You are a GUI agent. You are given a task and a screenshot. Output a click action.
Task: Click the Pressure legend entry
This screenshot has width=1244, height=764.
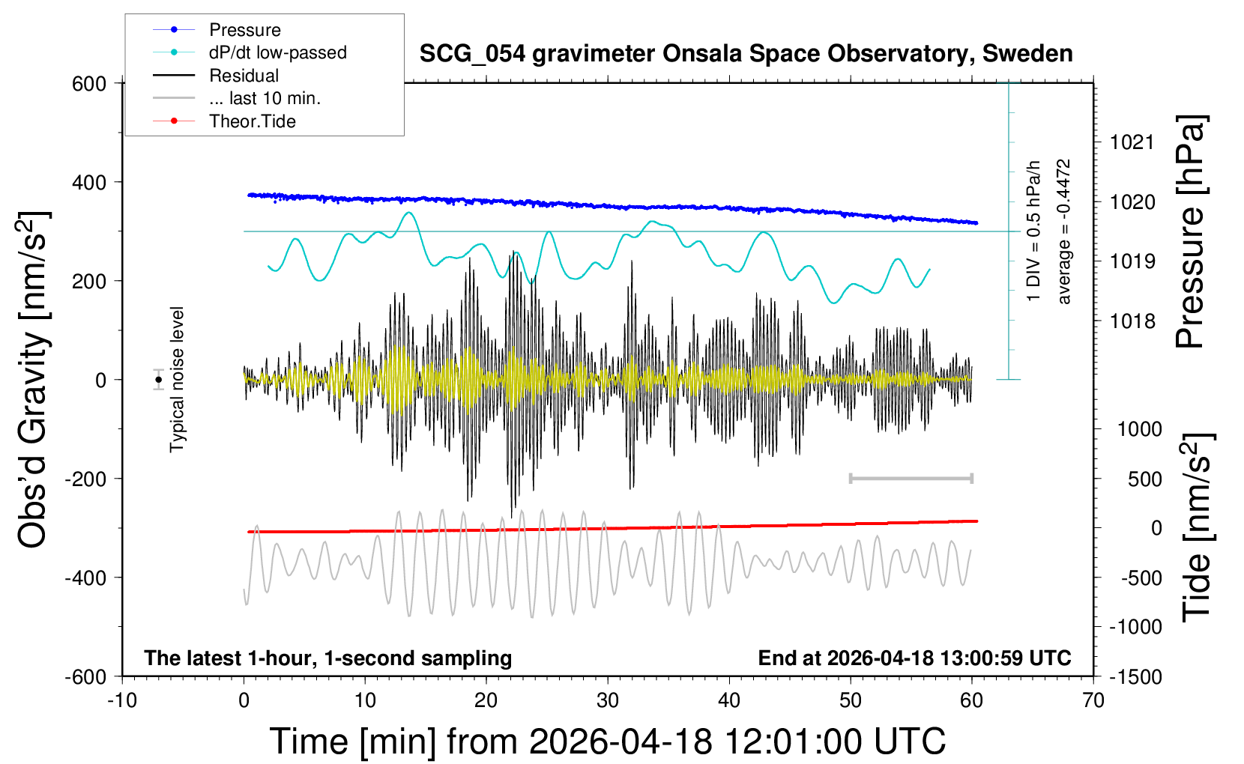tap(244, 30)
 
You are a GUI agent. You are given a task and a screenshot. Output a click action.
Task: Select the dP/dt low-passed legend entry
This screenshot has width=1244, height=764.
tap(277, 52)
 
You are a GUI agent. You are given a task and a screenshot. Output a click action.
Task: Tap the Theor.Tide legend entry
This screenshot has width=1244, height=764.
tap(252, 121)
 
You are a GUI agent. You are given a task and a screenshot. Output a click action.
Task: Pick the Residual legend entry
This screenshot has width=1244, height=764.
tap(244, 76)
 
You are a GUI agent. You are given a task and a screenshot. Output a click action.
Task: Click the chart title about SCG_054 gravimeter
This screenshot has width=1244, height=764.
tap(746, 54)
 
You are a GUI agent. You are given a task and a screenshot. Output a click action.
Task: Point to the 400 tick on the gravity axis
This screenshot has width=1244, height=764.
tap(89, 183)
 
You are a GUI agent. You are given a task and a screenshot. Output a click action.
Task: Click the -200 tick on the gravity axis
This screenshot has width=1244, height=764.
tap(85, 479)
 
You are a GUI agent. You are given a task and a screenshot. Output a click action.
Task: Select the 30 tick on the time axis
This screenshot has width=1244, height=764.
tap(607, 700)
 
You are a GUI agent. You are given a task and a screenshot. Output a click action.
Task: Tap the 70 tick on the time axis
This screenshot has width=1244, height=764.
tap(1093, 700)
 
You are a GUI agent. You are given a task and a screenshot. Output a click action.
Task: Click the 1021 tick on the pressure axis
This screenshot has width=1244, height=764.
tap(1132, 142)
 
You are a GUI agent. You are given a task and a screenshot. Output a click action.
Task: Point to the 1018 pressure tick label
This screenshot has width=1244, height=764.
tap(1132, 321)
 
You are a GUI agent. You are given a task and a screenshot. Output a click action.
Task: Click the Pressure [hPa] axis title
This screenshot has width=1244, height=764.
tap(1191, 232)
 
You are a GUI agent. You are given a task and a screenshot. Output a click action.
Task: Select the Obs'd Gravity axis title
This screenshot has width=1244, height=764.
tap(34, 380)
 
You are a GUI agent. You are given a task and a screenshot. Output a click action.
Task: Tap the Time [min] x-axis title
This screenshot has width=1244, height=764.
tap(607, 742)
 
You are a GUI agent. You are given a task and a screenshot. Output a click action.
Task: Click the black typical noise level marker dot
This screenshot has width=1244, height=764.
tap(158, 380)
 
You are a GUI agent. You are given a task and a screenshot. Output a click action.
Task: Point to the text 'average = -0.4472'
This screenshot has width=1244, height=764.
tap(1063, 231)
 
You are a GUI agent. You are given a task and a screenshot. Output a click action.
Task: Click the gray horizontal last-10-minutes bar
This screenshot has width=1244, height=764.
tap(911, 478)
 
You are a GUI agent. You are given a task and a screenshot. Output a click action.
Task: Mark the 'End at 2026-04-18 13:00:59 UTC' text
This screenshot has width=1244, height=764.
tap(914, 658)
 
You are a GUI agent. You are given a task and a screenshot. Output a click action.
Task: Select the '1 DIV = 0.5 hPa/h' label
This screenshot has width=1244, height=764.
tap(1034, 231)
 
